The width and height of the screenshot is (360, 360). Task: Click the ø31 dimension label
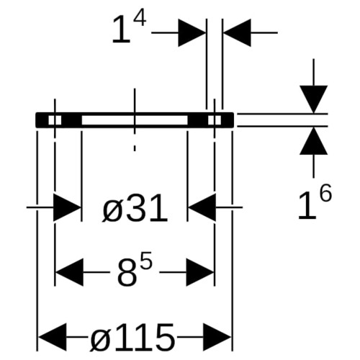pyautogui.click(x=135, y=208)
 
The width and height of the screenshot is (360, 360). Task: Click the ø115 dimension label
pyautogui.click(x=132, y=337)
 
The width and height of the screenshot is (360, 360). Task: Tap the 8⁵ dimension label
pyautogui.click(x=135, y=269)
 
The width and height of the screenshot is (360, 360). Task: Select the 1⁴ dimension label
pyautogui.click(x=129, y=29)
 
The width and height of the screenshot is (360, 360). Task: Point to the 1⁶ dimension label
pyautogui.click(x=315, y=201)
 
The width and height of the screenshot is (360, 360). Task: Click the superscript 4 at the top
pyautogui.click(x=140, y=20)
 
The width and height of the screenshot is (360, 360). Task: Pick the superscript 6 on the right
pyautogui.click(x=326, y=192)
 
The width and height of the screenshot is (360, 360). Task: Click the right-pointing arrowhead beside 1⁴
pyautogui.click(x=192, y=32)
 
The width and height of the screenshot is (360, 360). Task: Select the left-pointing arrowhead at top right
pyautogui.click(x=237, y=32)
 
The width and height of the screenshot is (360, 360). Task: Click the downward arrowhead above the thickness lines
pyautogui.click(x=313, y=99)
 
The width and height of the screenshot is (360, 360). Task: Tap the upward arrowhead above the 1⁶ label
pyautogui.click(x=313, y=140)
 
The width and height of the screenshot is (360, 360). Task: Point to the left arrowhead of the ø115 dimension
pyautogui.click(x=53, y=337)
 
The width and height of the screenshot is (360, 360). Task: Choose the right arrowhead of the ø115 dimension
pyautogui.click(x=217, y=337)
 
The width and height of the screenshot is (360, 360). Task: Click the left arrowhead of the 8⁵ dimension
pyautogui.click(x=70, y=272)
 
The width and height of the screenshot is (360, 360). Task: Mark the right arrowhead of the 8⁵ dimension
pyautogui.click(x=200, y=272)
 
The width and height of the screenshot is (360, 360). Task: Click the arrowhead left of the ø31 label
pyautogui.click(x=67, y=207)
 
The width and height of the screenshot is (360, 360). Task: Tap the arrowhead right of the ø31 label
pyautogui.click(x=202, y=207)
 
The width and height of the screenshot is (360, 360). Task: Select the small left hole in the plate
pyautogui.click(x=55, y=120)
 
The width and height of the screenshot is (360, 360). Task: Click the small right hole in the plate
pyautogui.click(x=215, y=120)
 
